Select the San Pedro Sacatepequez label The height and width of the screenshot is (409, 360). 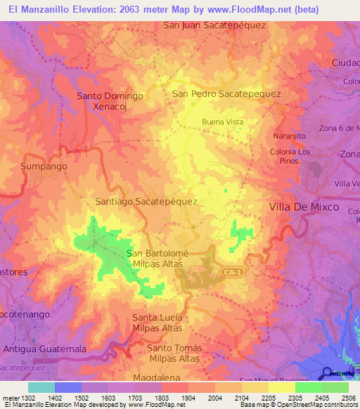click(226, 93)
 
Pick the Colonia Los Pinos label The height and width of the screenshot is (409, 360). click(290, 156)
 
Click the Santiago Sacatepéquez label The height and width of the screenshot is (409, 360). click(146, 201)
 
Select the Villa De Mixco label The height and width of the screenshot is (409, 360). click(304, 207)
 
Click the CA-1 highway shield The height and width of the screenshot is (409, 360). click(230, 271)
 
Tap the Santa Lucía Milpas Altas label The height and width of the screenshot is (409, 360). click(157, 323)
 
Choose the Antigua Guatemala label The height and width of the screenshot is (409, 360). click(44, 349)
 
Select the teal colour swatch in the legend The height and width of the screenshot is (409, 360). click(41, 387)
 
